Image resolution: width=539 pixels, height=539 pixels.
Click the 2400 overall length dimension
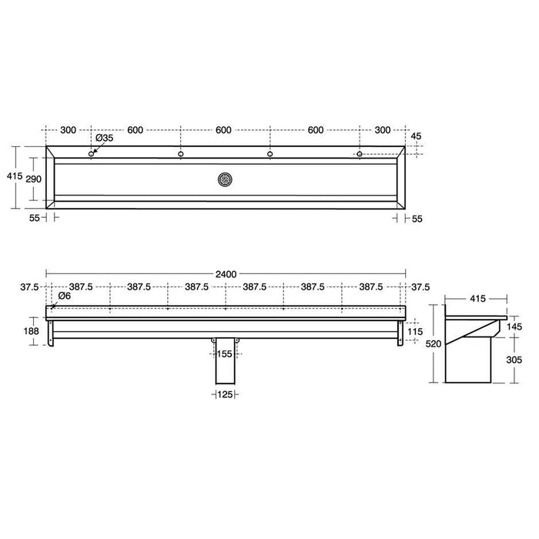click(226, 272)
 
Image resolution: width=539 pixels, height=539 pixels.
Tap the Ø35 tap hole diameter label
click(104, 139)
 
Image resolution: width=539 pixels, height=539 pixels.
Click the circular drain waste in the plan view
click(225, 180)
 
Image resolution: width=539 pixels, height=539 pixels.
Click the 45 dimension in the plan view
click(417, 136)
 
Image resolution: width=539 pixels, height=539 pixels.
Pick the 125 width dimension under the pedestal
click(224, 395)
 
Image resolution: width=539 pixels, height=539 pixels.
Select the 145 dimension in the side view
click(514, 326)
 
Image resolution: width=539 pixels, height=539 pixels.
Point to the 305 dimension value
click(514, 359)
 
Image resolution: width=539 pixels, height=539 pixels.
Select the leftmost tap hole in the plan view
click(92, 155)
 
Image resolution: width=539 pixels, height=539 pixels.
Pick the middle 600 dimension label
click(224, 130)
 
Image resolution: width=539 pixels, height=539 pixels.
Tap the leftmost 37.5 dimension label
click(30, 286)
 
